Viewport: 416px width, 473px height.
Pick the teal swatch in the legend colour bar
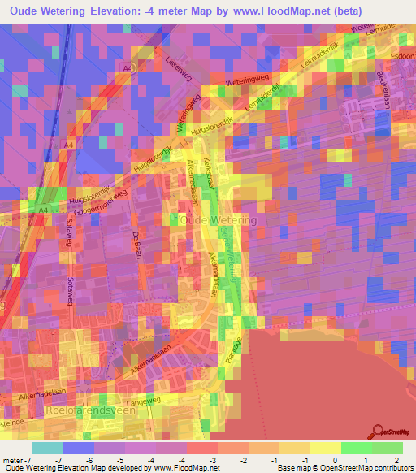[48, 448]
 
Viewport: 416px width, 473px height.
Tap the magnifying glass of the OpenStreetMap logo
[378, 430]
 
